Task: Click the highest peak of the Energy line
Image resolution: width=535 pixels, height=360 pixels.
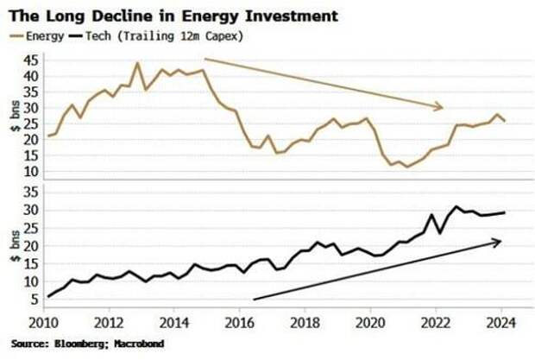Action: point(137,62)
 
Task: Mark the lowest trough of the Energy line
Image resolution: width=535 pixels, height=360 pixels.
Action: point(406,167)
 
